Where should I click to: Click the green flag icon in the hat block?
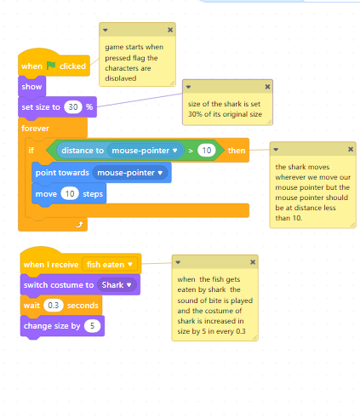pyautogui.click(x=51, y=66)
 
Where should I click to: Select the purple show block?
pyautogui.click(x=31, y=87)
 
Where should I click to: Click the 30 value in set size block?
pyautogui.click(x=73, y=107)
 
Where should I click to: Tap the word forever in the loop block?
pyautogui.click(x=35, y=129)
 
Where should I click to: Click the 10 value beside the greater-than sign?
pyautogui.click(x=207, y=150)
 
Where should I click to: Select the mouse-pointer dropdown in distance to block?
pyautogui.click(x=145, y=151)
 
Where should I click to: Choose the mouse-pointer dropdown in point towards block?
pyautogui.click(x=130, y=173)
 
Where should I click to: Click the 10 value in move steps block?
pyautogui.click(x=70, y=194)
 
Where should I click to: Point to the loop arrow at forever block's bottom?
pyautogui.click(x=79, y=225)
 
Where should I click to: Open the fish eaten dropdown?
pyautogui.click(x=110, y=265)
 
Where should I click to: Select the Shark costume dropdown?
pyautogui.click(x=117, y=285)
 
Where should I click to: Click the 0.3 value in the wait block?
pyautogui.click(x=54, y=306)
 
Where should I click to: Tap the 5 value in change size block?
pyautogui.click(x=92, y=326)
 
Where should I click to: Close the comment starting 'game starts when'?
pyautogui.click(x=170, y=30)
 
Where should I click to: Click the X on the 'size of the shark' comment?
pyautogui.click(x=267, y=87)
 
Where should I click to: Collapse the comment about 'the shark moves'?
pyautogui.click(x=276, y=150)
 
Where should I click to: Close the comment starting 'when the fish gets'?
pyautogui.click(x=253, y=262)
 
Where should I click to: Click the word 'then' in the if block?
pyautogui.click(x=237, y=151)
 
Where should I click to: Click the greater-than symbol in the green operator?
pyautogui.click(x=191, y=151)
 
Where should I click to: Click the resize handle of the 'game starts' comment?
pyautogui.click(x=172, y=83)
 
